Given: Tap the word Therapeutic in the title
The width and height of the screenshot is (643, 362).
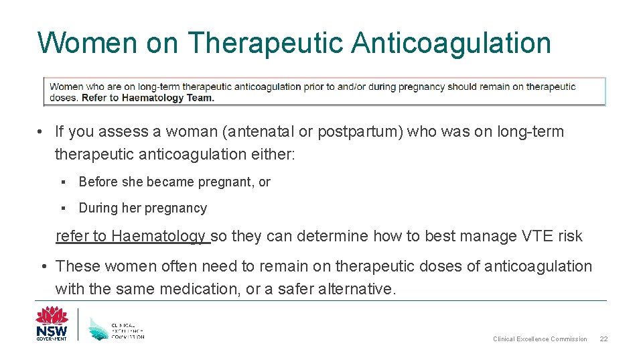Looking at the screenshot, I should coord(265,43).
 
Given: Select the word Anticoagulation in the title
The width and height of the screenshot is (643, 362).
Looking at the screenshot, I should coord(451,43).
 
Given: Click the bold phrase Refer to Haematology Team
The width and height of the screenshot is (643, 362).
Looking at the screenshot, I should coord(148,98).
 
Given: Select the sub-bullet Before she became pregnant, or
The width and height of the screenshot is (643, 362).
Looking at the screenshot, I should coord(174,182).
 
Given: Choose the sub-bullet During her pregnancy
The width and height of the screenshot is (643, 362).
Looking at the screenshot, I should coord(143,208).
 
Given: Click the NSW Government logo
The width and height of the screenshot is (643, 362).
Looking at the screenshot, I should coord(52,323).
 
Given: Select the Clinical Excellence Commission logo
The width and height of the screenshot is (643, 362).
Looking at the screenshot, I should coord(117,327).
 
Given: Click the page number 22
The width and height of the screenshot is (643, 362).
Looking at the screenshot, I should coord(603,339).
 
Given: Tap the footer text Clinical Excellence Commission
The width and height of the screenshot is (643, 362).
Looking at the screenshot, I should coord(540,339).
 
